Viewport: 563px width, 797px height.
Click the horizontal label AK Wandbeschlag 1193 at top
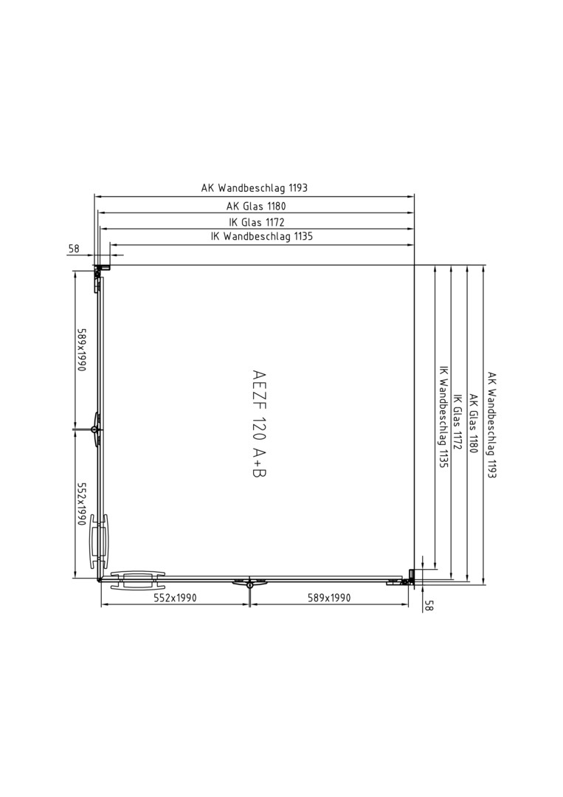click(255, 187)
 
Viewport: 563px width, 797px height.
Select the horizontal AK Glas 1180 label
click(256, 206)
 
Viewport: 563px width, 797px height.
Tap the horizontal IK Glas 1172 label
click(257, 221)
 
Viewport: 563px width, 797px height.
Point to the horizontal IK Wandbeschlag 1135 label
click(262, 236)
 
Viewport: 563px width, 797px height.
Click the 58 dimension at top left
click(75, 249)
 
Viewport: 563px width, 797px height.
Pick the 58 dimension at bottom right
click(429, 605)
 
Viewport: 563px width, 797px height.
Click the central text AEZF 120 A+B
click(259, 424)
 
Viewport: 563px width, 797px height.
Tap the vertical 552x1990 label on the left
click(80, 503)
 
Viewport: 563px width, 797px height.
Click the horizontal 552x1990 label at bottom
click(175, 598)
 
